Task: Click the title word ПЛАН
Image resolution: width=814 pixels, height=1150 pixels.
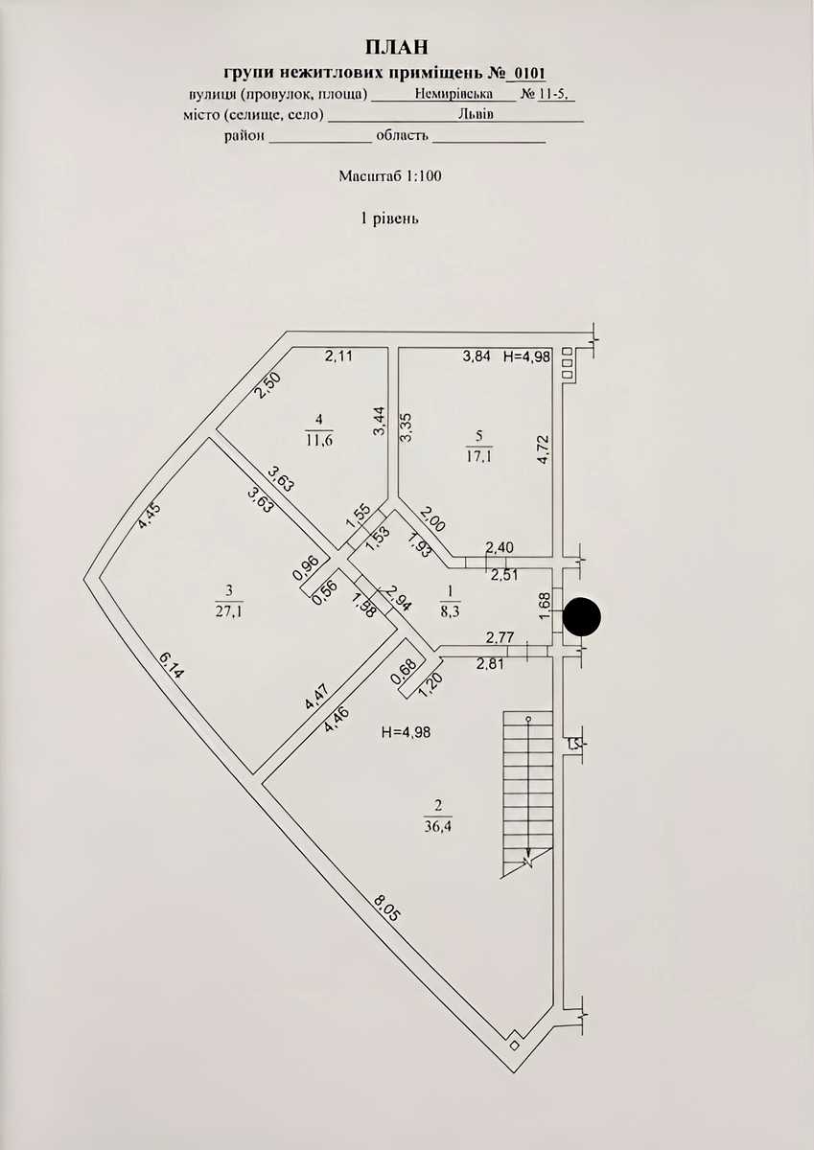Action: click(397, 47)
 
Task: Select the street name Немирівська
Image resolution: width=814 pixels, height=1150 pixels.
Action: click(454, 94)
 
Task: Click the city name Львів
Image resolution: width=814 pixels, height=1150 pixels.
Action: click(476, 114)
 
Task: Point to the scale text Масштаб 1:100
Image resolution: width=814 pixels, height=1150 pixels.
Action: click(390, 176)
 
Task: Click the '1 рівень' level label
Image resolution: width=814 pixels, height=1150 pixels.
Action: click(389, 218)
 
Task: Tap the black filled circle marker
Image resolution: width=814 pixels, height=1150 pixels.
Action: click(581, 616)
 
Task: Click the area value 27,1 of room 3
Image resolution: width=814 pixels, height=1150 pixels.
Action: click(229, 612)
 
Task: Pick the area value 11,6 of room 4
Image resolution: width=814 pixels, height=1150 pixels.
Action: click(319, 440)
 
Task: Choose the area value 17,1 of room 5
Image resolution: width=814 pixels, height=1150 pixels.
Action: click(479, 456)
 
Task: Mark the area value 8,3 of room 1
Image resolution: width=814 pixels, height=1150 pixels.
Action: click(450, 612)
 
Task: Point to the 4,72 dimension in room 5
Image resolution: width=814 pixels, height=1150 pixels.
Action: click(544, 450)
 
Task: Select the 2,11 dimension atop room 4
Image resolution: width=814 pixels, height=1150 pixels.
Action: click(338, 356)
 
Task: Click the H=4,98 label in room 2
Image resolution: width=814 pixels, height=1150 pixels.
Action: click(407, 732)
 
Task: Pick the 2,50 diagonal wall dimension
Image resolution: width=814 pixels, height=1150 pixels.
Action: click(268, 385)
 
